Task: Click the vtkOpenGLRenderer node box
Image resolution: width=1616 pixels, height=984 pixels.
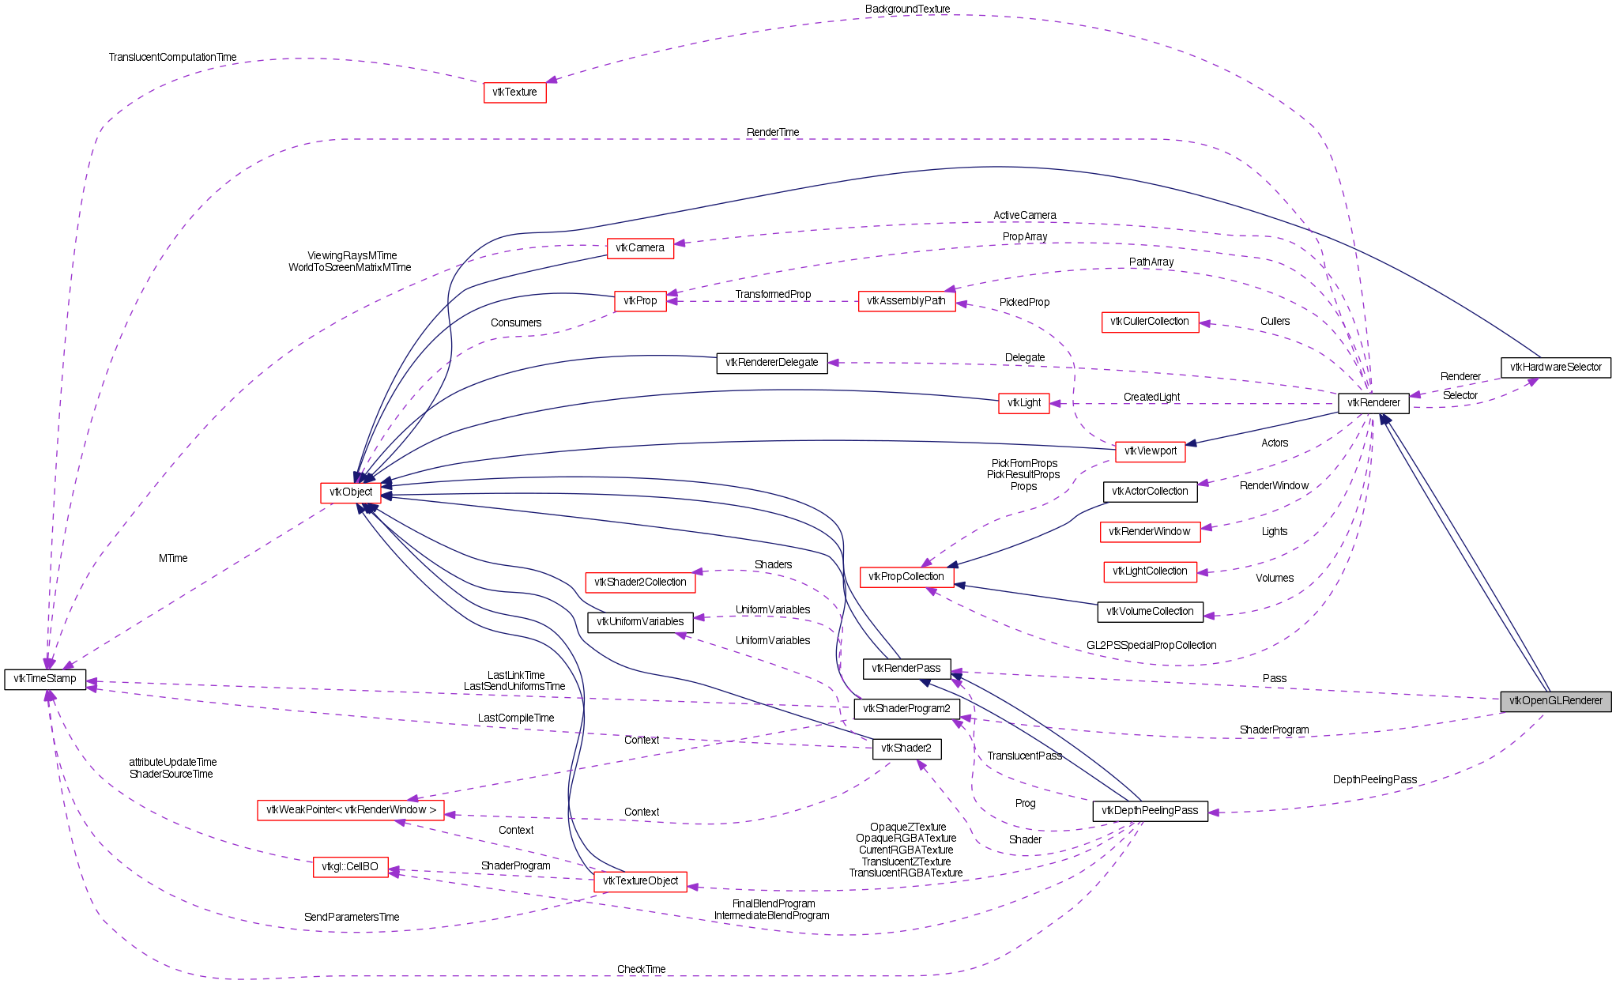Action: pos(1555,701)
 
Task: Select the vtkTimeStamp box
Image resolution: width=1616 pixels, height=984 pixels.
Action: pos(45,679)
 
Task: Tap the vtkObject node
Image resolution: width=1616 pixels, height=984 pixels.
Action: pos(351,492)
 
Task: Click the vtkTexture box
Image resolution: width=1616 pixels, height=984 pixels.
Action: pos(514,92)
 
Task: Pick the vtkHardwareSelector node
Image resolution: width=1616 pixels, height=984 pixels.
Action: pos(1555,368)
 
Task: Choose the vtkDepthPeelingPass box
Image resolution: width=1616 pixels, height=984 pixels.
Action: pos(1150,811)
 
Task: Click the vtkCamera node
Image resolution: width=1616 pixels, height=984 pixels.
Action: pos(640,248)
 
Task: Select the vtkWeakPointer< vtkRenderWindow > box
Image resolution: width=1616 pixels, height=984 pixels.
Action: pos(351,810)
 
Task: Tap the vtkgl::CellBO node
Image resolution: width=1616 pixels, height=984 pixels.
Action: pos(350,867)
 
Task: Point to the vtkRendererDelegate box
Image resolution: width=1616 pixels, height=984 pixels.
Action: pos(772,363)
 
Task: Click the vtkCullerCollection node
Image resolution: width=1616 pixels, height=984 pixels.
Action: pos(1150,322)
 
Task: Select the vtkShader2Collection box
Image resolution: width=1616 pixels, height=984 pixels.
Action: pos(640,582)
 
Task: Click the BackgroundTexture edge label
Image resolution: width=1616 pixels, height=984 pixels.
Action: pos(907,9)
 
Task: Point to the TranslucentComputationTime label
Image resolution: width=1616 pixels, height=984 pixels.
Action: pos(172,58)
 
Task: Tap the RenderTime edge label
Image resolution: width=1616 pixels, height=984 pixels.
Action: pos(773,133)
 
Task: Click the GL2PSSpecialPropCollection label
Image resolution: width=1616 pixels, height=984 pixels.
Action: pos(1151,646)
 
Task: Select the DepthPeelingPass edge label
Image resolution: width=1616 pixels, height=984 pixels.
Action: pos(1375,780)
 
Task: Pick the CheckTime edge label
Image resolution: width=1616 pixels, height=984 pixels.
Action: pos(642,970)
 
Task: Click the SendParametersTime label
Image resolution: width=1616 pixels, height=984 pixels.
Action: pos(352,918)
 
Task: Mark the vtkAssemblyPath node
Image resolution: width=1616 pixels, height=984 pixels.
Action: pos(906,301)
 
